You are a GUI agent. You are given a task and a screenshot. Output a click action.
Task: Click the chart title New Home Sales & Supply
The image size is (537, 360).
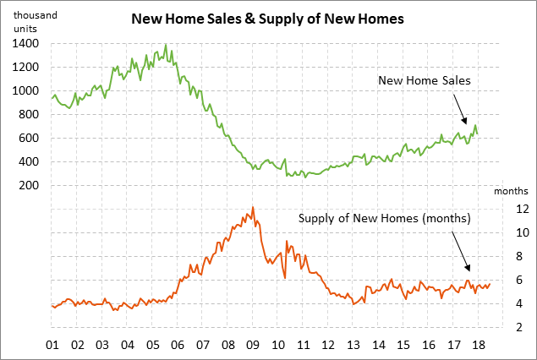click(268, 17)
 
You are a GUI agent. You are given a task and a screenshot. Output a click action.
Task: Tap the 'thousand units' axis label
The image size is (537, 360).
click(33, 22)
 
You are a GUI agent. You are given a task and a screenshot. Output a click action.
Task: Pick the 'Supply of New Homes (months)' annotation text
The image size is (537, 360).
click(384, 218)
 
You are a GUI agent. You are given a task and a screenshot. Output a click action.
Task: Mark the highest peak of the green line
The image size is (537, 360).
click(165, 44)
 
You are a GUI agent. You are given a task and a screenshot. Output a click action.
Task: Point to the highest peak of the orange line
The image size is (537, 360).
click(253, 206)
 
